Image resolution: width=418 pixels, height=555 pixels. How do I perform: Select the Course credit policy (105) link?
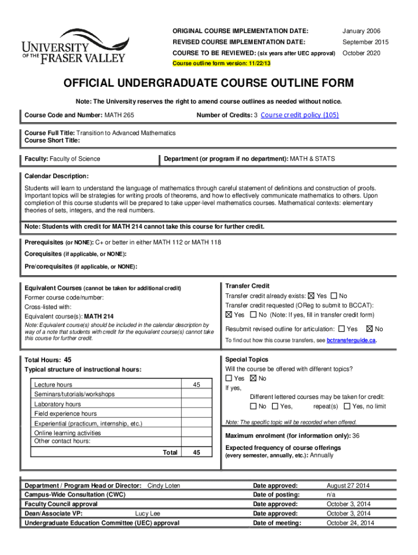point(300,115)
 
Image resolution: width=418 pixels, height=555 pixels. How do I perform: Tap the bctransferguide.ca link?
point(351,340)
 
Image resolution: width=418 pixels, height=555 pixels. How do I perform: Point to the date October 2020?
point(361,53)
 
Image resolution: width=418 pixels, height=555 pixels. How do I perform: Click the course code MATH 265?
point(119,115)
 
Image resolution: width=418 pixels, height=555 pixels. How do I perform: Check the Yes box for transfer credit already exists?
point(311,296)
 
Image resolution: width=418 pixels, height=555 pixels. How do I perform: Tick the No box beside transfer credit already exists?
point(333,296)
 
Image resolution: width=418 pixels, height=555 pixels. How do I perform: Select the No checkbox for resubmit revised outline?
point(370,328)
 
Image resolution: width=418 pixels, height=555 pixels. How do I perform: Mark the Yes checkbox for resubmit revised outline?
point(341,328)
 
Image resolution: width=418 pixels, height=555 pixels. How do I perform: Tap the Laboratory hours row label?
point(58,404)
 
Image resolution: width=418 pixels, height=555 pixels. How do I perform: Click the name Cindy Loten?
point(164,486)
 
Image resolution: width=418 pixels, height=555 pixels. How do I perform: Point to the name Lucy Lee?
point(148,513)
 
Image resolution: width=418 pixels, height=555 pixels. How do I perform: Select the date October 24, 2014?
point(350,523)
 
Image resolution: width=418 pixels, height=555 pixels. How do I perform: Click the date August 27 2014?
point(348,486)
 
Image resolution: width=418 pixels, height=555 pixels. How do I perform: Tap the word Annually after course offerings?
point(321,456)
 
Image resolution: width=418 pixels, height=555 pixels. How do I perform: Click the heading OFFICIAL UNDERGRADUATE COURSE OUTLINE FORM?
point(209,83)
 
